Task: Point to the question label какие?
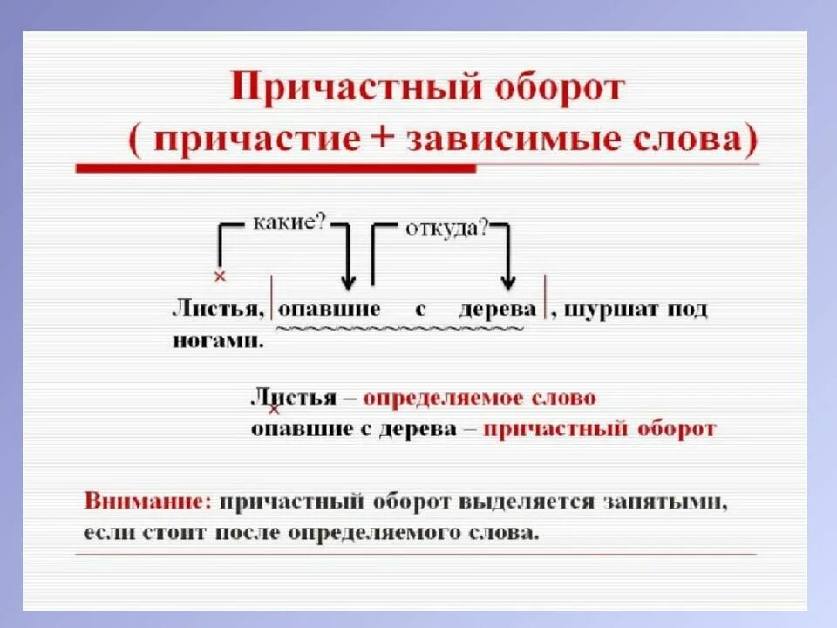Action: click(x=289, y=222)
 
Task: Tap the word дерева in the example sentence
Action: click(x=498, y=310)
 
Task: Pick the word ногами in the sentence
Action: click(x=217, y=341)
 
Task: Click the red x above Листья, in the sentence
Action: click(x=219, y=276)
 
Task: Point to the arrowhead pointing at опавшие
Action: click(x=348, y=281)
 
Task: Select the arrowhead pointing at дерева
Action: click(x=509, y=281)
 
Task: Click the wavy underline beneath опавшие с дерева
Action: click(x=400, y=329)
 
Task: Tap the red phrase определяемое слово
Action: click(x=480, y=398)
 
